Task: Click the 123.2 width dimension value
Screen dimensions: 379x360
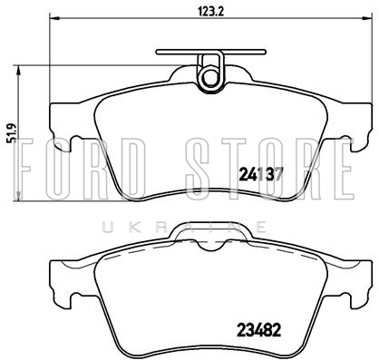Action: click(210, 12)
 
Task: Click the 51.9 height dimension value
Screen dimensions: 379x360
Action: click(12, 133)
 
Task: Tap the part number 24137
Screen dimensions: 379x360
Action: click(261, 174)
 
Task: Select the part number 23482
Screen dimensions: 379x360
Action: click(259, 330)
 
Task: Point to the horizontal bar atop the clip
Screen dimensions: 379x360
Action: click(211, 52)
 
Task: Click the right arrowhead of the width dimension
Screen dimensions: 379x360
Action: click(366, 18)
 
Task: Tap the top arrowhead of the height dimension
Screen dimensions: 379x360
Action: click(19, 72)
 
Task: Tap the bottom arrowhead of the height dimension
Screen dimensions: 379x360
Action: click(19, 194)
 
